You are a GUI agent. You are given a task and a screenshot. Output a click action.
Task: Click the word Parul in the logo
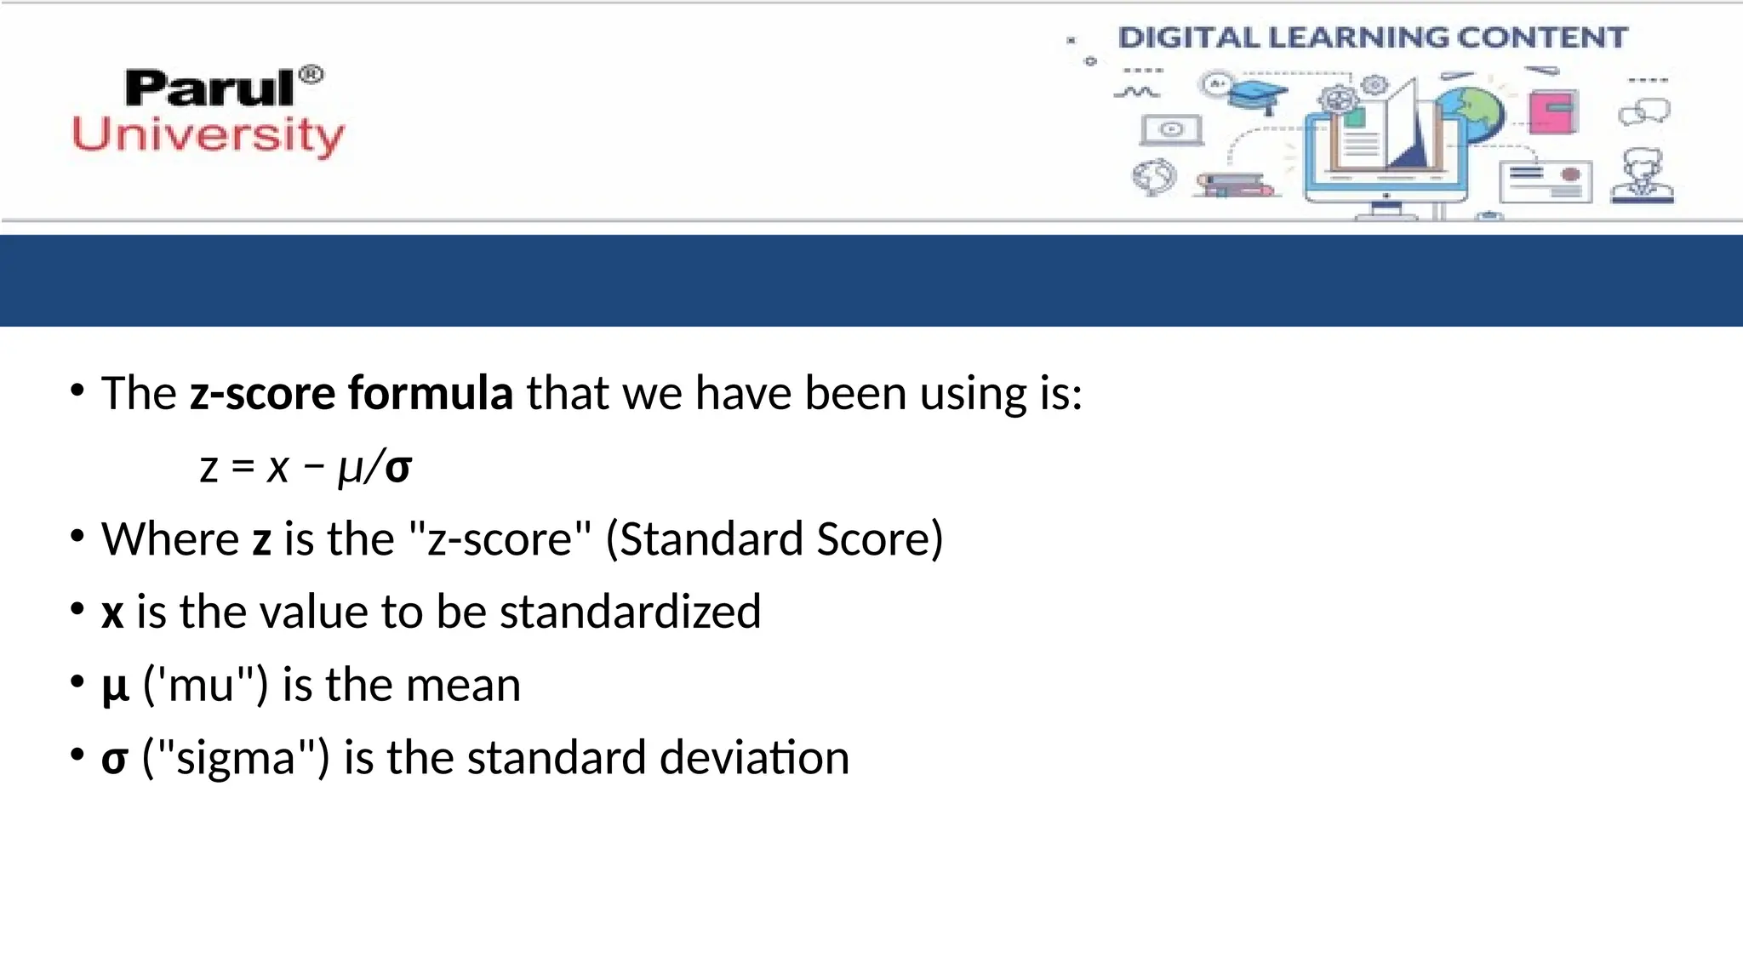pos(209,88)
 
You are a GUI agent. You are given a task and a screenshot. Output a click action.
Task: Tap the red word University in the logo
pos(209,136)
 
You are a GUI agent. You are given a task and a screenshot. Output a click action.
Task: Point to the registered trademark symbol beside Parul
pos(312,75)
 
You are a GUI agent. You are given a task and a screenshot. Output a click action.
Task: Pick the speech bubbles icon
pos(1644,111)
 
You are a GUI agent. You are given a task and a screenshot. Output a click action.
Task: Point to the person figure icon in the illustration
pos(1643,175)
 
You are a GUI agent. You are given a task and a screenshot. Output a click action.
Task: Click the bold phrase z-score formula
pos(351,393)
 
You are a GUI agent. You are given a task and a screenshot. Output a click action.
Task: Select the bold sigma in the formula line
pos(398,467)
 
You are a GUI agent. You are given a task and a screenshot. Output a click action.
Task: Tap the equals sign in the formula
pos(243,467)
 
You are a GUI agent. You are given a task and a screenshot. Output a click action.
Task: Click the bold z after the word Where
pos(261,539)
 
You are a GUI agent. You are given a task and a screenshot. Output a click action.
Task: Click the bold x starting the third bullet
pos(112,612)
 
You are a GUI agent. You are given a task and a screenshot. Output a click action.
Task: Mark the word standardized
pos(630,612)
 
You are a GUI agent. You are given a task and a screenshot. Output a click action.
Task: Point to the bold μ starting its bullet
pos(115,686)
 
